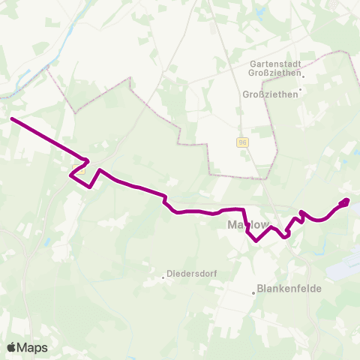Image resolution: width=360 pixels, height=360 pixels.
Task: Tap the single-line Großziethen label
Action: (271, 94)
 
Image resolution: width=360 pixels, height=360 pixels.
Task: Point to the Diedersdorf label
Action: (192, 274)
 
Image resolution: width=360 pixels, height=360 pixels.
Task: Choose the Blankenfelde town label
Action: (284, 286)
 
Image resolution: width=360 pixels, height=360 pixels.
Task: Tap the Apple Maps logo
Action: (27, 347)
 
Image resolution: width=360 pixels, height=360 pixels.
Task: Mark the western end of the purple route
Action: (11, 118)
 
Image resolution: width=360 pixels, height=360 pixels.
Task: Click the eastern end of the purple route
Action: (347, 200)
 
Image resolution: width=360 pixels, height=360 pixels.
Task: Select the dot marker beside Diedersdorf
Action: (163, 277)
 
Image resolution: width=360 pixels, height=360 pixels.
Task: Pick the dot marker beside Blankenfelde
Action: (253, 292)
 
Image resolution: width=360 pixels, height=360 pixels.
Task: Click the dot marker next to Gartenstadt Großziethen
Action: (304, 73)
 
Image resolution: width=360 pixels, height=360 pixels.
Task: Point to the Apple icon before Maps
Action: (11, 347)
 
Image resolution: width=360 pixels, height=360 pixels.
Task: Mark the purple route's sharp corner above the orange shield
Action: (88, 160)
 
